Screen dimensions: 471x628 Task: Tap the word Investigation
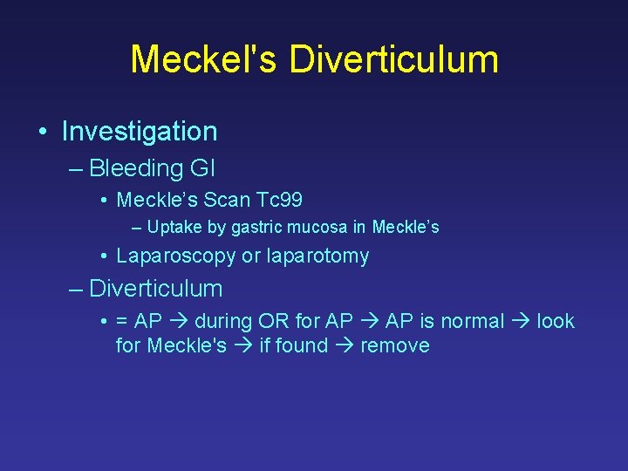(x=140, y=132)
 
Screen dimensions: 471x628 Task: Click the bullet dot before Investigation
(x=42, y=132)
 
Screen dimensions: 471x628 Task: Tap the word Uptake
(x=171, y=228)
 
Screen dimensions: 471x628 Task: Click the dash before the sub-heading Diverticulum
(x=77, y=289)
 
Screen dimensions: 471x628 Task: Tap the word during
(x=225, y=321)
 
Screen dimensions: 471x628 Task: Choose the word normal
(x=473, y=321)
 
